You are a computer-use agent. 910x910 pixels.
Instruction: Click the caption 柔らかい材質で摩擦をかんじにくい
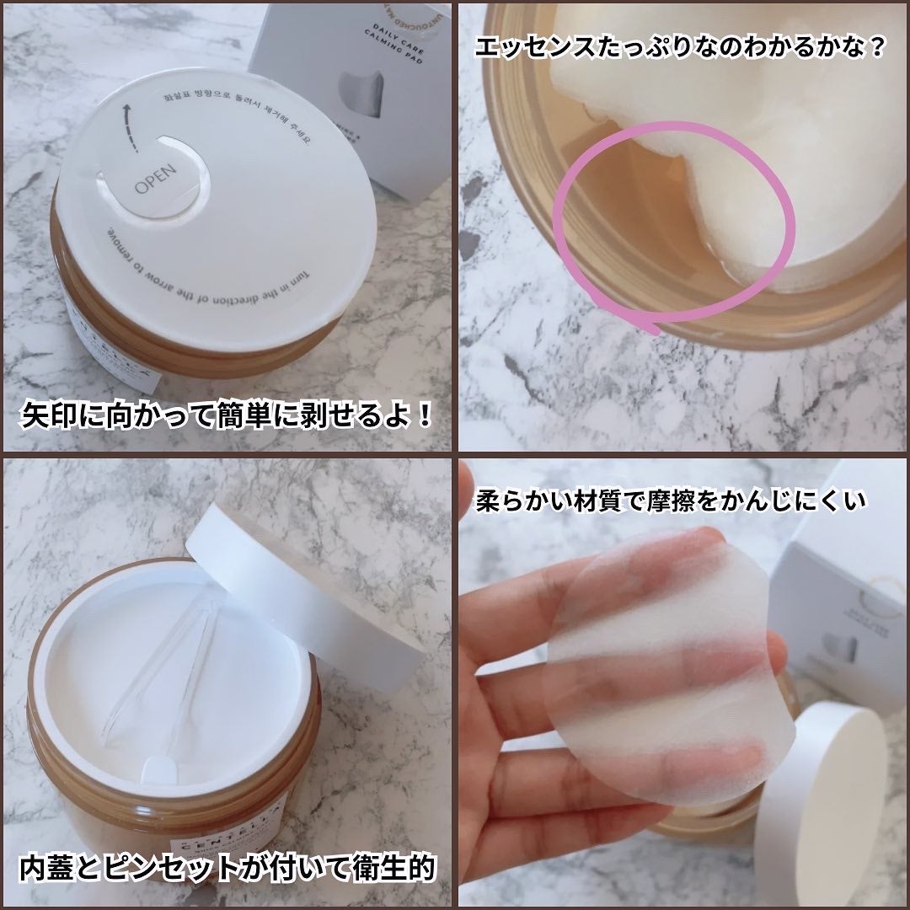[670, 502]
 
